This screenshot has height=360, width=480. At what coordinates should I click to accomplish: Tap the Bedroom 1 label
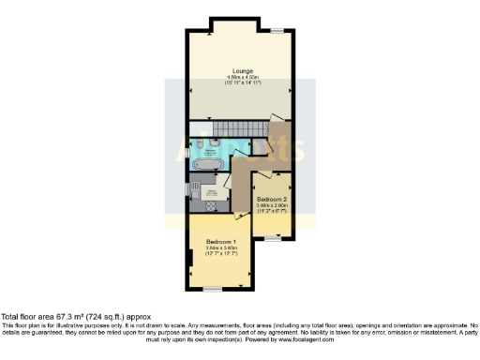pyautogui.click(x=219, y=241)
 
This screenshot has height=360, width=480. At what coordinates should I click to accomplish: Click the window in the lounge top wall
pyautogui.click(x=277, y=31)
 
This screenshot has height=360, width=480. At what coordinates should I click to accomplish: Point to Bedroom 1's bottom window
pyautogui.click(x=214, y=287)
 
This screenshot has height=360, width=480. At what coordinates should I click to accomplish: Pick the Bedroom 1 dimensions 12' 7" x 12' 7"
pyautogui.click(x=219, y=254)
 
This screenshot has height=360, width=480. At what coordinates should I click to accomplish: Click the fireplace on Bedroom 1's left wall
pyautogui.click(x=190, y=257)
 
